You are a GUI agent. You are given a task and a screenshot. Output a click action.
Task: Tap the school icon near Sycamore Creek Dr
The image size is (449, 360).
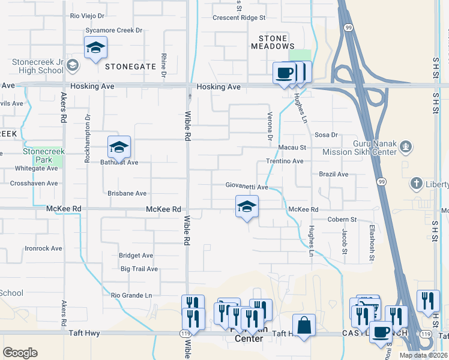(95, 47)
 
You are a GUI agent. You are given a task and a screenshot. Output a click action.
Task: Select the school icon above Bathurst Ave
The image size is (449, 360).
(119, 146)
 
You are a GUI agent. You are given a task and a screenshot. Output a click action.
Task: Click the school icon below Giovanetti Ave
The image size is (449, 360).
(246, 206)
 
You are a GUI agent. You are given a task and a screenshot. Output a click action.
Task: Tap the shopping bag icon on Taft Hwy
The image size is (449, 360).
(304, 325)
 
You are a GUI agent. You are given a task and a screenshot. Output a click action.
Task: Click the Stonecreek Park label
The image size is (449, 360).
(43, 156)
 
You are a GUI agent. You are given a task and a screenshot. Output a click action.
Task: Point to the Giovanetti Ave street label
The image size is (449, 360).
(247, 187)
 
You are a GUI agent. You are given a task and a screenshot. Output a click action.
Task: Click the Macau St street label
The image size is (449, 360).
(292, 147)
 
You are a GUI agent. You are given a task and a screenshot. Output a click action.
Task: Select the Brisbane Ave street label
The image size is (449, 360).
(127, 194)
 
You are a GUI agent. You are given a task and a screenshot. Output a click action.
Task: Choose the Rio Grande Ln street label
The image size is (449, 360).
(131, 295)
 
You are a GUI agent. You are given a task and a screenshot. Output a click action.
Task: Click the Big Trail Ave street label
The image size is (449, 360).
(139, 269)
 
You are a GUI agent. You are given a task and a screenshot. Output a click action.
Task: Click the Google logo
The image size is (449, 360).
(20, 352)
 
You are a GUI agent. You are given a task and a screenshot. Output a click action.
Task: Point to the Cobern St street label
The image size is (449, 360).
(342, 220)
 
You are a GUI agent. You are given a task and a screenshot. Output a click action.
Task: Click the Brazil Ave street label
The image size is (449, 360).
(334, 175)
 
